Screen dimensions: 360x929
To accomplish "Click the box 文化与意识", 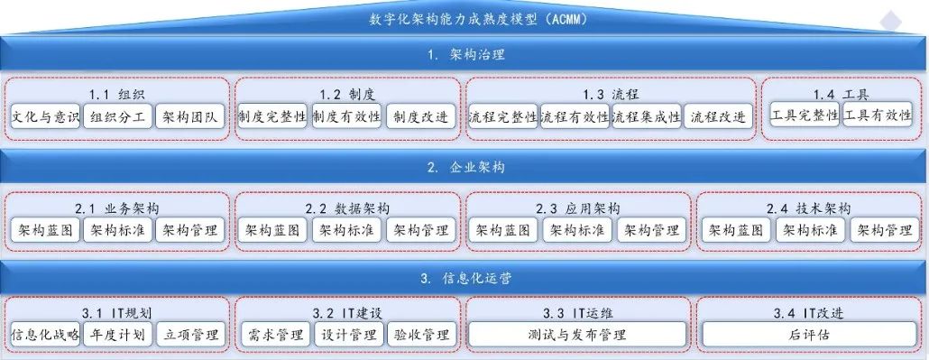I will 45,117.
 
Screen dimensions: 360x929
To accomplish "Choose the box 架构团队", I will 191,117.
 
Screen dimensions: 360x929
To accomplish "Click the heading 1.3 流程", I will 612,95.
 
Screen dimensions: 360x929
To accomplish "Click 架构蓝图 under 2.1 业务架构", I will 45,230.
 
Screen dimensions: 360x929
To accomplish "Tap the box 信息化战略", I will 45,335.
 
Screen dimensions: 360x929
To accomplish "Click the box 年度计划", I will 118,335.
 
